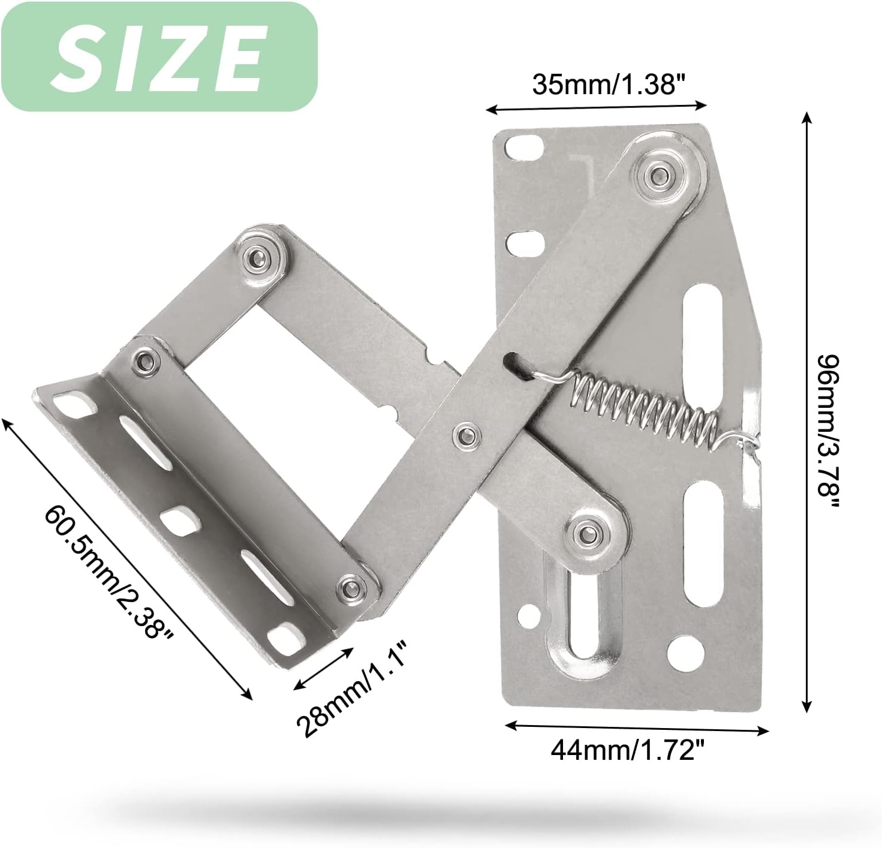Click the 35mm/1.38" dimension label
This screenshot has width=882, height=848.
[609, 85]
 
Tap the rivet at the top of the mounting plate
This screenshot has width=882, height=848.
[657, 173]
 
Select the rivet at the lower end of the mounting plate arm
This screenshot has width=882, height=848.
[585, 531]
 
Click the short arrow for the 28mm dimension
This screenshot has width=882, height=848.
[323, 667]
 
